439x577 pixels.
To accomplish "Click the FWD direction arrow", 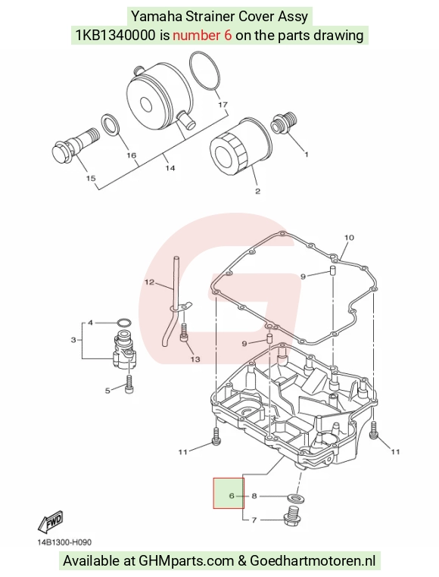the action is [x=51, y=522].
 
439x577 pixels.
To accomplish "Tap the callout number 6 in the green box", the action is [x=232, y=496].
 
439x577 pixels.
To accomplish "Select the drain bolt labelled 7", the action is [x=293, y=516].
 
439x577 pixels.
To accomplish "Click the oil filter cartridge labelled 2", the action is [x=241, y=147].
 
